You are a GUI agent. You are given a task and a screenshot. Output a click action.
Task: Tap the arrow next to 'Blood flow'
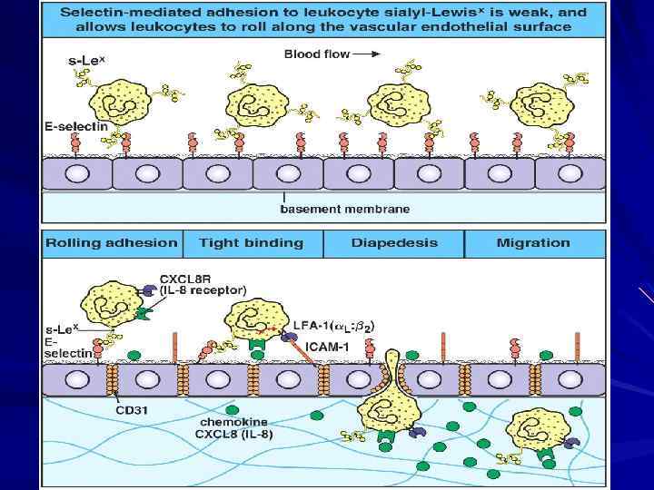click(x=366, y=54)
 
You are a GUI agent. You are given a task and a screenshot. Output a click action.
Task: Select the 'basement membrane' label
click(x=344, y=209)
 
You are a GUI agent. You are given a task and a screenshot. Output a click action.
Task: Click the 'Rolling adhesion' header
click(x=112, y=242)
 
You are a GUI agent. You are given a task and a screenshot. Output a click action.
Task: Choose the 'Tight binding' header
click(x=251, y=242)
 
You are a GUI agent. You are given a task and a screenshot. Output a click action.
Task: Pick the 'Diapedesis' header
click(x=393, y=242)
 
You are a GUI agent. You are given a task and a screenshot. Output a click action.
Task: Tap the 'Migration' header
click(x=533, y=242)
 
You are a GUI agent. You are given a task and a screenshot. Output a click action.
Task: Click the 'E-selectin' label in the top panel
click(x=75, y=126)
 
